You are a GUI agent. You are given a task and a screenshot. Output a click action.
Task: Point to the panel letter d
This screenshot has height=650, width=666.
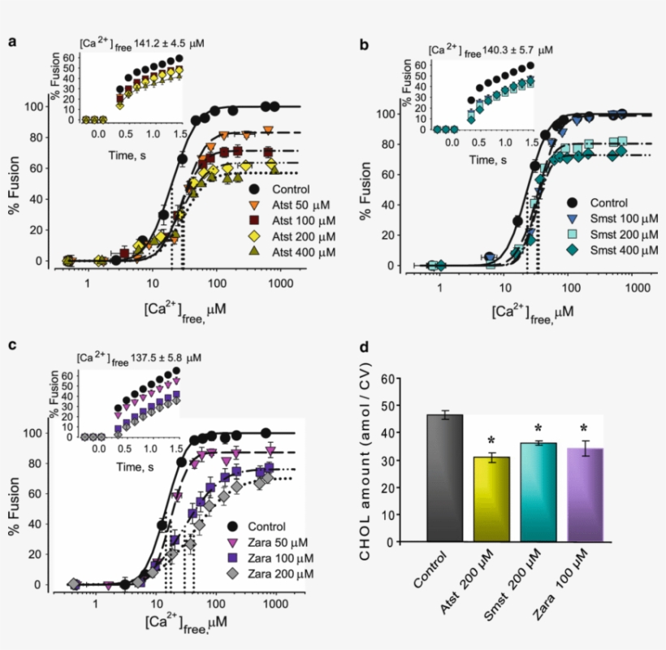point(365,348)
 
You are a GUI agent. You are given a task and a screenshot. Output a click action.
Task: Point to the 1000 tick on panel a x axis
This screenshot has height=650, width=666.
point(280,283)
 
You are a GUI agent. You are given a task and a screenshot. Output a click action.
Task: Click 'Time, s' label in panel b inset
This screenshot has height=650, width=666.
point(490,159)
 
